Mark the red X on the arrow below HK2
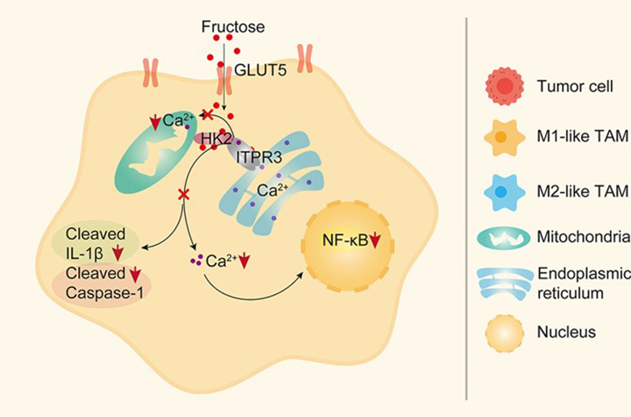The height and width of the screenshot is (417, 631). [x=183, y=194]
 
